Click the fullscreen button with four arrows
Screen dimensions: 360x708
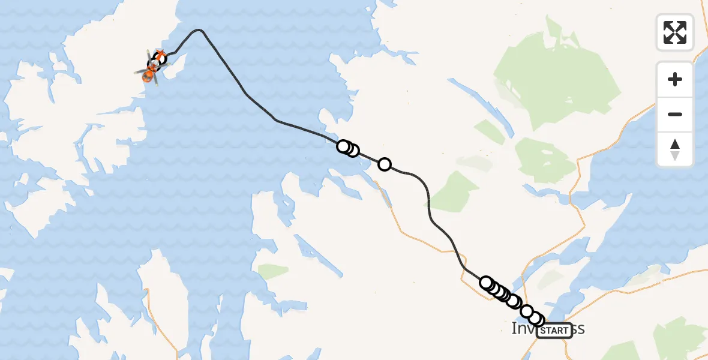pyautogui.click(x=675, y=32)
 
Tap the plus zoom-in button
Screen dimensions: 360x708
pyautogui.click(x=675, y=79)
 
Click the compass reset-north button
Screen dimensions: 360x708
pyautogui.click(x=675, y=149)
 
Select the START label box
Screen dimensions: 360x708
pyautogui.click(x=554, y=330)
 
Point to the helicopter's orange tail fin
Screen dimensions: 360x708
pyautogui.click(x=161, y=55)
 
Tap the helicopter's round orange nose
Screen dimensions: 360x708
pyautogui.click(x=146, y=76)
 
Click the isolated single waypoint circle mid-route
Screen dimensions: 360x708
pyautogui.click(x=385, y=164)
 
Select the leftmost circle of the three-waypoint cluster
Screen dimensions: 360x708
pyautogui.click(x=343, y=146)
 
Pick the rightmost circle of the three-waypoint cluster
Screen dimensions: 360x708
pyautogui.click(x=353, y=151)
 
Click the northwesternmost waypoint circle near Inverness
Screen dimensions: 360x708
pyautogui.click(x=486, y=282)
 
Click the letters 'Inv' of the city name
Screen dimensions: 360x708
pyautogui.click(x=523, y=329)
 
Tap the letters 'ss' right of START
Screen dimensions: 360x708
pyautogui.click(x=578, y=329)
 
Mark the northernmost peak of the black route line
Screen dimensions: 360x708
pyautogui.click(x=199, y=29)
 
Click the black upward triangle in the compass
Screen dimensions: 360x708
pyautogui.click(x=675, y=144)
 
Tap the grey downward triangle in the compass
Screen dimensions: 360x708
pyautogui.click(x=675, y=156)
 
